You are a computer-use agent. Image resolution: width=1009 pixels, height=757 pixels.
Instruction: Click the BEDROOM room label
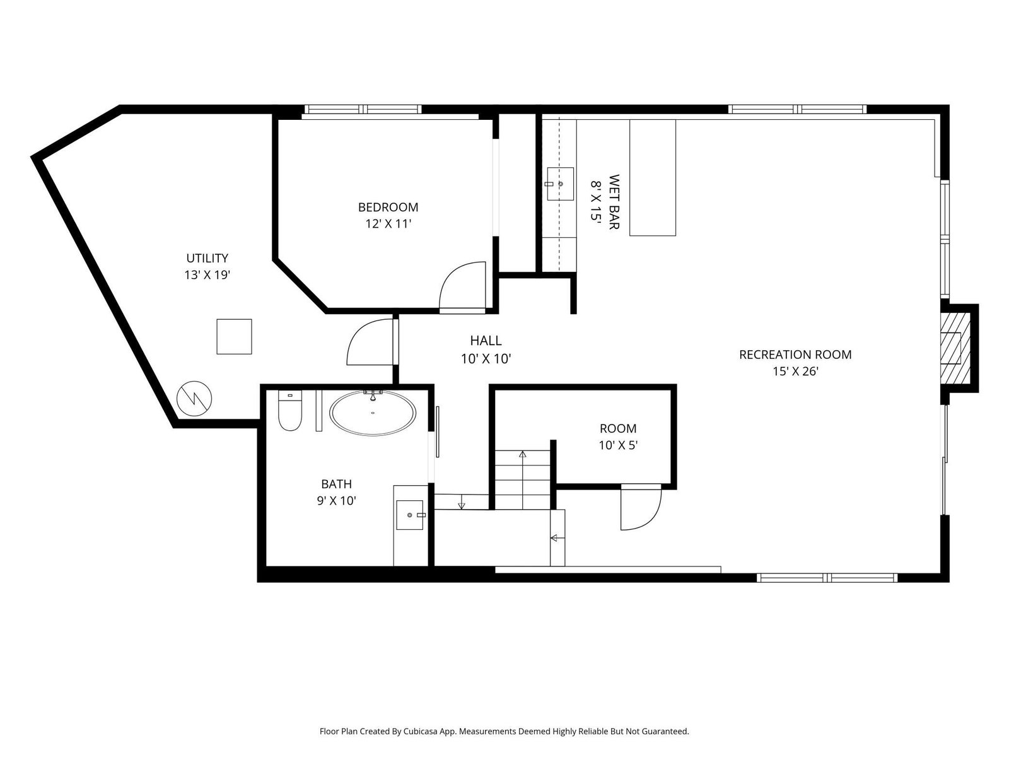coord(388,208)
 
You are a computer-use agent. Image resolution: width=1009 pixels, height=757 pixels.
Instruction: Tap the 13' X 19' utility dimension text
coord(207,275)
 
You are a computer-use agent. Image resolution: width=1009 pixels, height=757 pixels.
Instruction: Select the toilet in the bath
coord(289,411)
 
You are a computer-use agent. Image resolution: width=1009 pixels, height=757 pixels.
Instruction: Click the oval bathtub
coord(373,413)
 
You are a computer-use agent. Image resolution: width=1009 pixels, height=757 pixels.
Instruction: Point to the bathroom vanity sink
coord(409,515)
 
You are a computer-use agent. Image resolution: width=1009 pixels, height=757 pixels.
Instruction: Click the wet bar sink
coord(561,184)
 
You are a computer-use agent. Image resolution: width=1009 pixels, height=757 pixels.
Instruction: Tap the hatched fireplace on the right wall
coord(955,348)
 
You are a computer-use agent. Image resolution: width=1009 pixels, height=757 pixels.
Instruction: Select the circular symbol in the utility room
coord(194,399)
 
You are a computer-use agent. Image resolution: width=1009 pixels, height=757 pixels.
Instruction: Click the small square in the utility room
coord(234,336)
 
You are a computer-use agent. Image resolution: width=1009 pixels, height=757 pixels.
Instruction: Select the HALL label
coord(486,341)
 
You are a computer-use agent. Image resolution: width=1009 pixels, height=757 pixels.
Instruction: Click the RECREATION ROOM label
coord(795,355)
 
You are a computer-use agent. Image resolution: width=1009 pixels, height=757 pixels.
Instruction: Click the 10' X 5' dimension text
coord(618,445)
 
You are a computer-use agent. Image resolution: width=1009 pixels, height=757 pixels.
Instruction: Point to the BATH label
coord(337,484)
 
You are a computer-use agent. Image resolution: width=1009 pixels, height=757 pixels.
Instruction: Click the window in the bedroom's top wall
coord(363,109)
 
